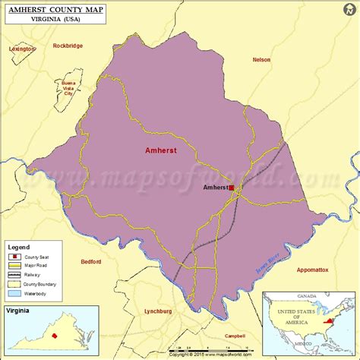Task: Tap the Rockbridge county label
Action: pyautogui.click(x=68, y=46)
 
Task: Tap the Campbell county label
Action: pyautogui.click(x=235, y=336)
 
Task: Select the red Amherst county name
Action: pyautogui.click(x=161, y=150)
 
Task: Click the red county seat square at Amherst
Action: pyautogui.click(x=231, y=185)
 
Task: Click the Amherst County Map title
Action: pyautogui.click(x=54, y=8)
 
